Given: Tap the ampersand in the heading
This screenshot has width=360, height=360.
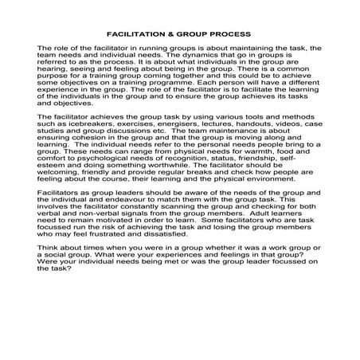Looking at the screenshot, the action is [x=178, y=33].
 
